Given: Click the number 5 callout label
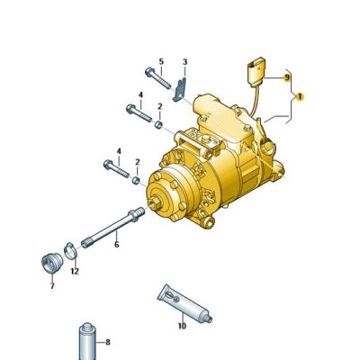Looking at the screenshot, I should click(161, 61).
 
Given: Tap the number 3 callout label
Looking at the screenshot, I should click(184, 61).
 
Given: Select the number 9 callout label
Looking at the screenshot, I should click(288, 78).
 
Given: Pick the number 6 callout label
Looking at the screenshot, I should click(116, 244).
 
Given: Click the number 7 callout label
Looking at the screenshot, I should click(51, 286).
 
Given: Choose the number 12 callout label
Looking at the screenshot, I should click(75, 271).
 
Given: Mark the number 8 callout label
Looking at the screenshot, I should click(108, 341).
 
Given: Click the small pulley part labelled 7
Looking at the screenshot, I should click(50, 263).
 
